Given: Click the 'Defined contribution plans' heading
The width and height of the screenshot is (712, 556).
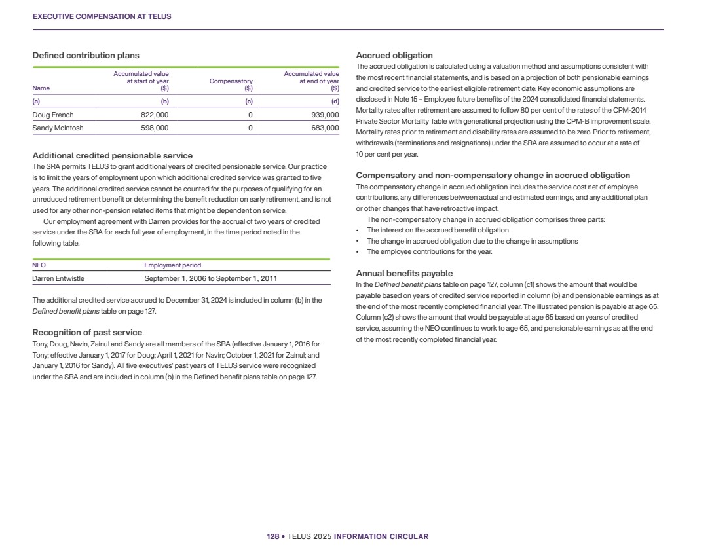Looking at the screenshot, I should click(x=86, y=56).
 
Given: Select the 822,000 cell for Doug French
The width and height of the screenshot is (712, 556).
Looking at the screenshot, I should click(x=155, y=115).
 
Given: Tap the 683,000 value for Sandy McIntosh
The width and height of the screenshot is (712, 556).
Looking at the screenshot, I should click(x=325, y=128).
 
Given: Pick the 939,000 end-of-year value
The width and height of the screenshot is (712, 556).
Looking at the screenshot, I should click(x=325, y=115).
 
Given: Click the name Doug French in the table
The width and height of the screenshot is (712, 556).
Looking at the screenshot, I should click(x=53, y=115).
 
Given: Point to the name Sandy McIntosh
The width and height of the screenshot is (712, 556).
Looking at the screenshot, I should click(x=58, y=128).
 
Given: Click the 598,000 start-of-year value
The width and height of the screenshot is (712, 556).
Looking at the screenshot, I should click(x=155, y=128).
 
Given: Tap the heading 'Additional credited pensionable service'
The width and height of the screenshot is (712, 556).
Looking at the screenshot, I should click(x=112, y=156).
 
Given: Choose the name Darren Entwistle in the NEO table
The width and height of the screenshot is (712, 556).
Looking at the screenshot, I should click(x=62, y=278).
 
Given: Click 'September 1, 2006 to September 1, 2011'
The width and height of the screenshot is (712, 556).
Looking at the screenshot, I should click(x=210, y=278).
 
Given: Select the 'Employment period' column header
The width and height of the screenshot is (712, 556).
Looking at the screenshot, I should click(x=172, y=265).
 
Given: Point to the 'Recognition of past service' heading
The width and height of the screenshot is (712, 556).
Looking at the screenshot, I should click(x=87, y=333).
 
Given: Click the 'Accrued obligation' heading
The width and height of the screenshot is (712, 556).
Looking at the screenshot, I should click(x=394, y=56).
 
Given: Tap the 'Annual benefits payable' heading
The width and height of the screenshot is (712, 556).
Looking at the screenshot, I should click(x=404, y=274).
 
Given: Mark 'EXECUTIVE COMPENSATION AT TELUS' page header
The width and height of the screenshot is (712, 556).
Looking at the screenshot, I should click(x=102, y=17).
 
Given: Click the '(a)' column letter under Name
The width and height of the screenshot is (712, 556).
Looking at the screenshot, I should click(x=36, y=102).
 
